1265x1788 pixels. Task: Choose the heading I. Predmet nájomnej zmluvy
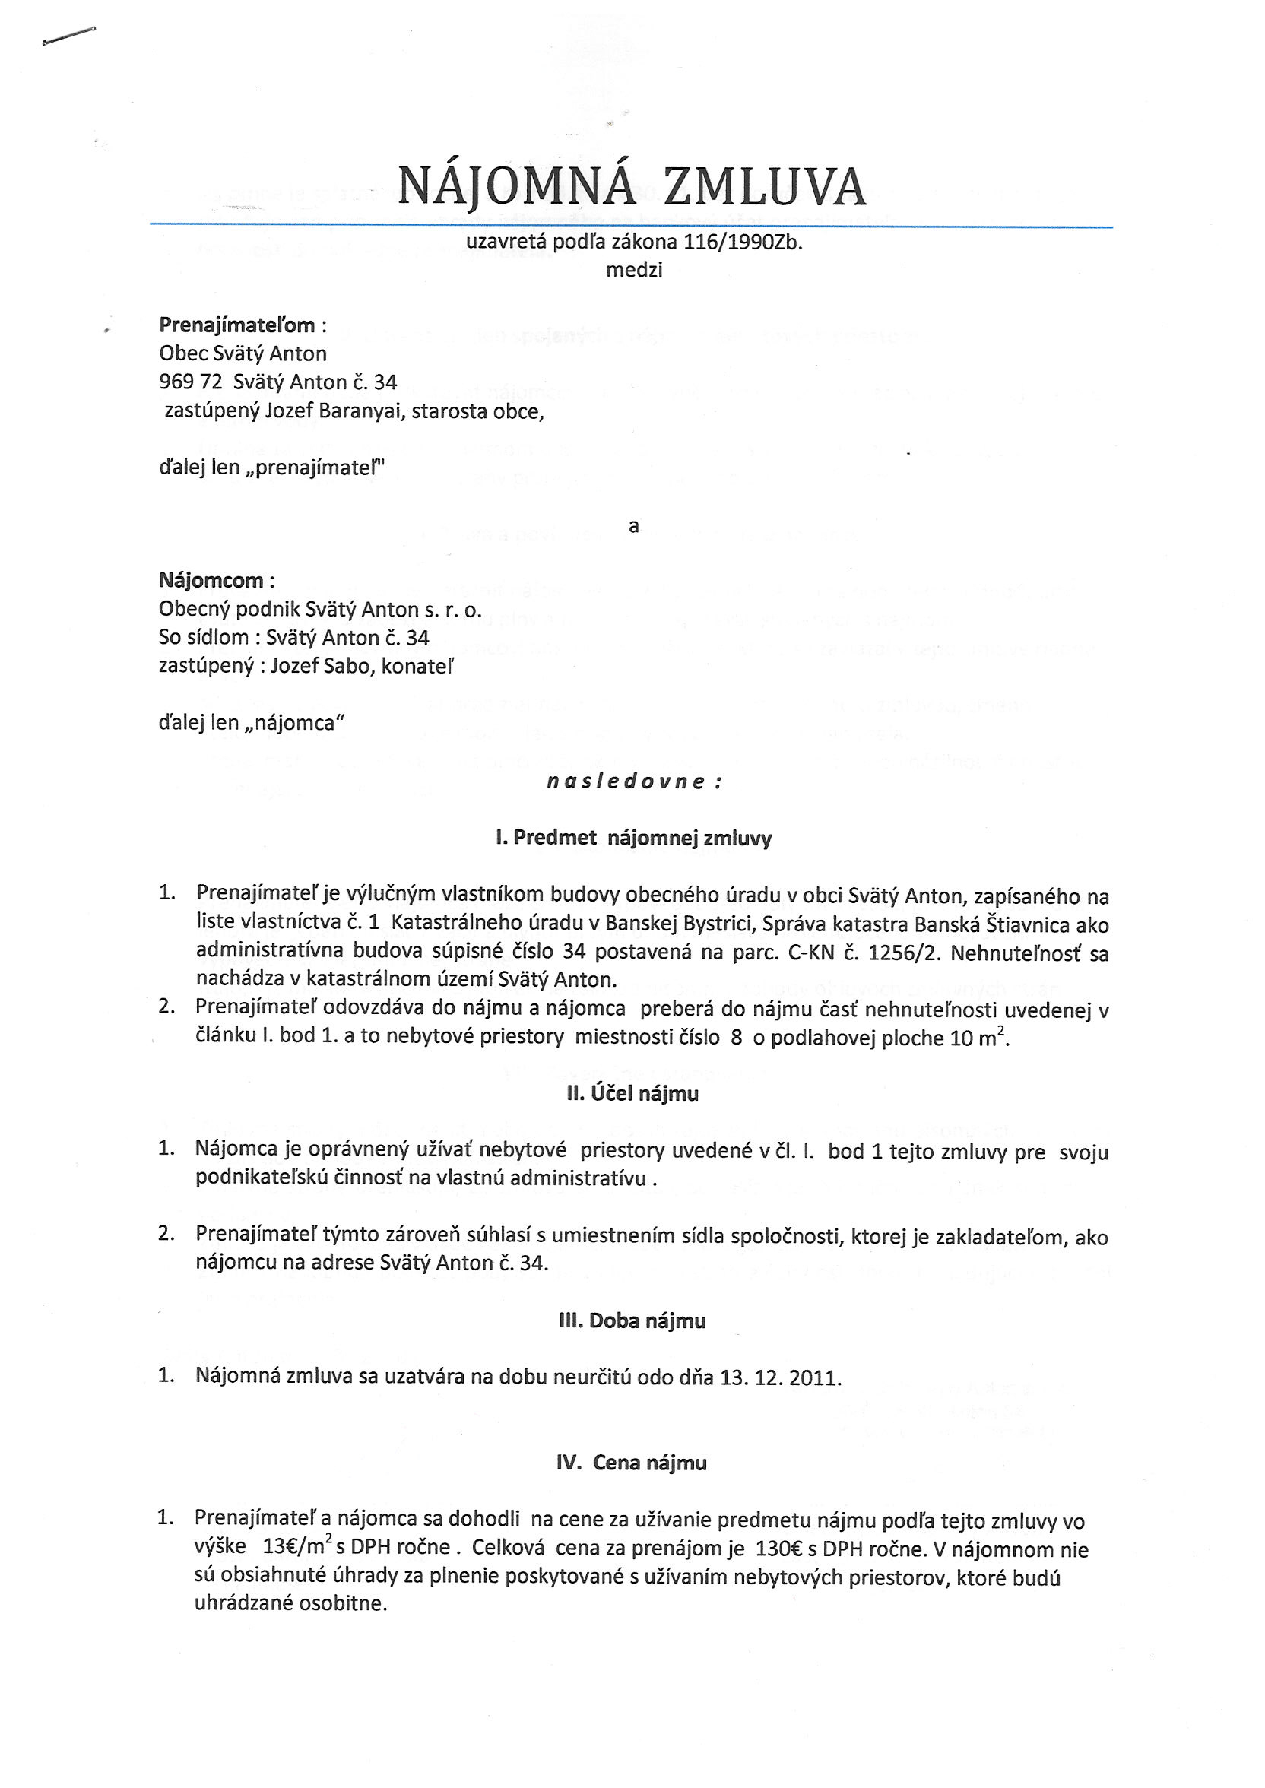point(633,838)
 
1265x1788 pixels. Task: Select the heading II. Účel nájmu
point(632,1093)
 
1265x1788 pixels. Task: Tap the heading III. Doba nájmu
point(632,1320)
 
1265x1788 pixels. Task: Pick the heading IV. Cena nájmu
point(632,1463)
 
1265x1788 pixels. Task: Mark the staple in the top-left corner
point(68,36)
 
